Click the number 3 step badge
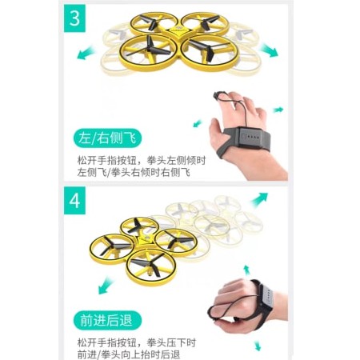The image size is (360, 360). (x=74, y=18)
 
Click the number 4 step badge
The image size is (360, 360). (x=74, y=201)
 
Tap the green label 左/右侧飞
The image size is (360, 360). (x=107, y=138)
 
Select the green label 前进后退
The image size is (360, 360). (x=107, y=320)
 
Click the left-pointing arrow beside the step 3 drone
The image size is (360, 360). (x=86, y=53)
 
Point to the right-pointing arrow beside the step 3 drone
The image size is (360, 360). (x=269, y=50)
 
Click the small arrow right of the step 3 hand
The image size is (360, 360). (x=278, y=110)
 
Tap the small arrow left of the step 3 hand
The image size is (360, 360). (x=198, y=123)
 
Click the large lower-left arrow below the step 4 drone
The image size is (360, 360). (x=106, y=286)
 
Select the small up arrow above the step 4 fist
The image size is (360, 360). (x=247, y=270)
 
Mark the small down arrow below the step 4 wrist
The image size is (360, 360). (x=258, y=346)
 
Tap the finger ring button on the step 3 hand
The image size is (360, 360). (x=218, y=95)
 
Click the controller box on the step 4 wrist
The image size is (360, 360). (x=266, y=298)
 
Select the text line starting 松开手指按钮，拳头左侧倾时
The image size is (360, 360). (x=142, y=161)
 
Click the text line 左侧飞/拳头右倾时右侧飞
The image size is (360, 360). (x=134, y=173)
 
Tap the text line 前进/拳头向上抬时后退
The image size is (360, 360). (x=129, y=354)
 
